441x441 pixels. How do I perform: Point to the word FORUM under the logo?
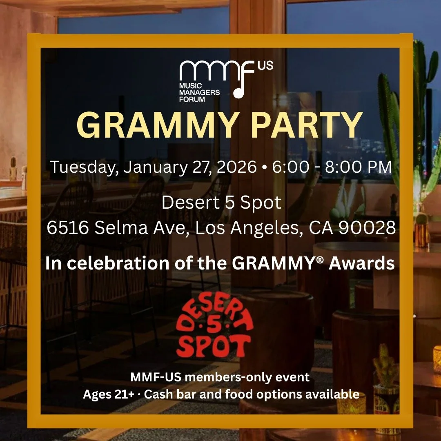192,99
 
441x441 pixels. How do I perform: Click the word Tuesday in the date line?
81,168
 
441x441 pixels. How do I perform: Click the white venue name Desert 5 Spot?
221,203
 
